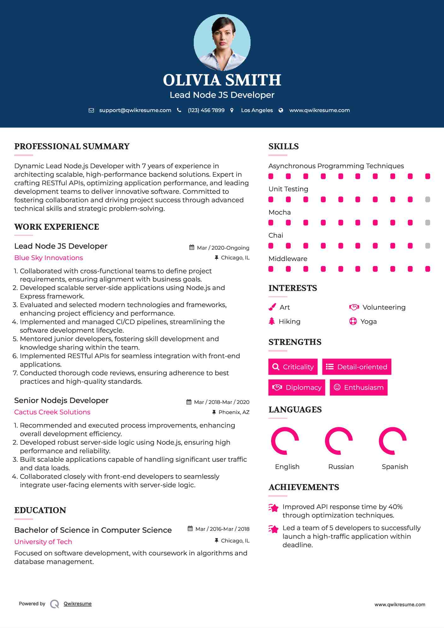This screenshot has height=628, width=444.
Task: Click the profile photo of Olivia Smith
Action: point(222,42)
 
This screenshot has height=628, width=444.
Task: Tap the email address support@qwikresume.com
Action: point(135,110)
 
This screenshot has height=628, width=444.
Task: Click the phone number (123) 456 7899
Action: point(206,110)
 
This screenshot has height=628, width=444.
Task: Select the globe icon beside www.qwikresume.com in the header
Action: point(281,110)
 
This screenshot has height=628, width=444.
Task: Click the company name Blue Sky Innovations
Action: point(49,258)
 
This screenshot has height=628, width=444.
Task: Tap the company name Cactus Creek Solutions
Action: point(52,412)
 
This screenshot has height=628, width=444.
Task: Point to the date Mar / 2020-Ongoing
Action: point(223,248)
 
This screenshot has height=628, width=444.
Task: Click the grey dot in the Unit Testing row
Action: point(428,199)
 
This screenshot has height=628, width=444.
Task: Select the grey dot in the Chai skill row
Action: point(428,246)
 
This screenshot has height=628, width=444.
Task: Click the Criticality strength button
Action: point(293,367)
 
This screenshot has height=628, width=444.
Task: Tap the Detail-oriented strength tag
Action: point(357,367)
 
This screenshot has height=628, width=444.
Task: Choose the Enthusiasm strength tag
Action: point(358,387)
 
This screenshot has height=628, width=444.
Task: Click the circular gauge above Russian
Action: point(339,441)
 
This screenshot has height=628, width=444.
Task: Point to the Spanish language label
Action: point(395,467)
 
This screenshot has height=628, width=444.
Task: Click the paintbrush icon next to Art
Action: point(272,307)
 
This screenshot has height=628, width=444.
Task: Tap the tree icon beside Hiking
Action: point(272,321)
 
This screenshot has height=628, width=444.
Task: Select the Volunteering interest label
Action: point(384,307)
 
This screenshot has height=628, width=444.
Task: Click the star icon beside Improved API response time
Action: point(273,508)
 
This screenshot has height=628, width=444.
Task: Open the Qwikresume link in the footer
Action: point(78,604)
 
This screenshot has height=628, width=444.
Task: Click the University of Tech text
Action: point(43,542)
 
